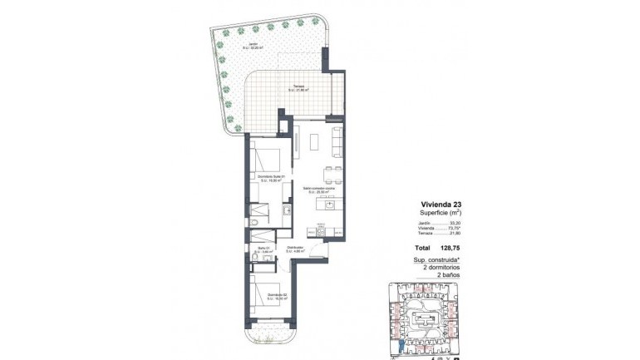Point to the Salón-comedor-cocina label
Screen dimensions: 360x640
coord(318,190)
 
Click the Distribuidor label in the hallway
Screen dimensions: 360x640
coord(295,249)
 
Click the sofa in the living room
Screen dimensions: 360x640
coord(338,141)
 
